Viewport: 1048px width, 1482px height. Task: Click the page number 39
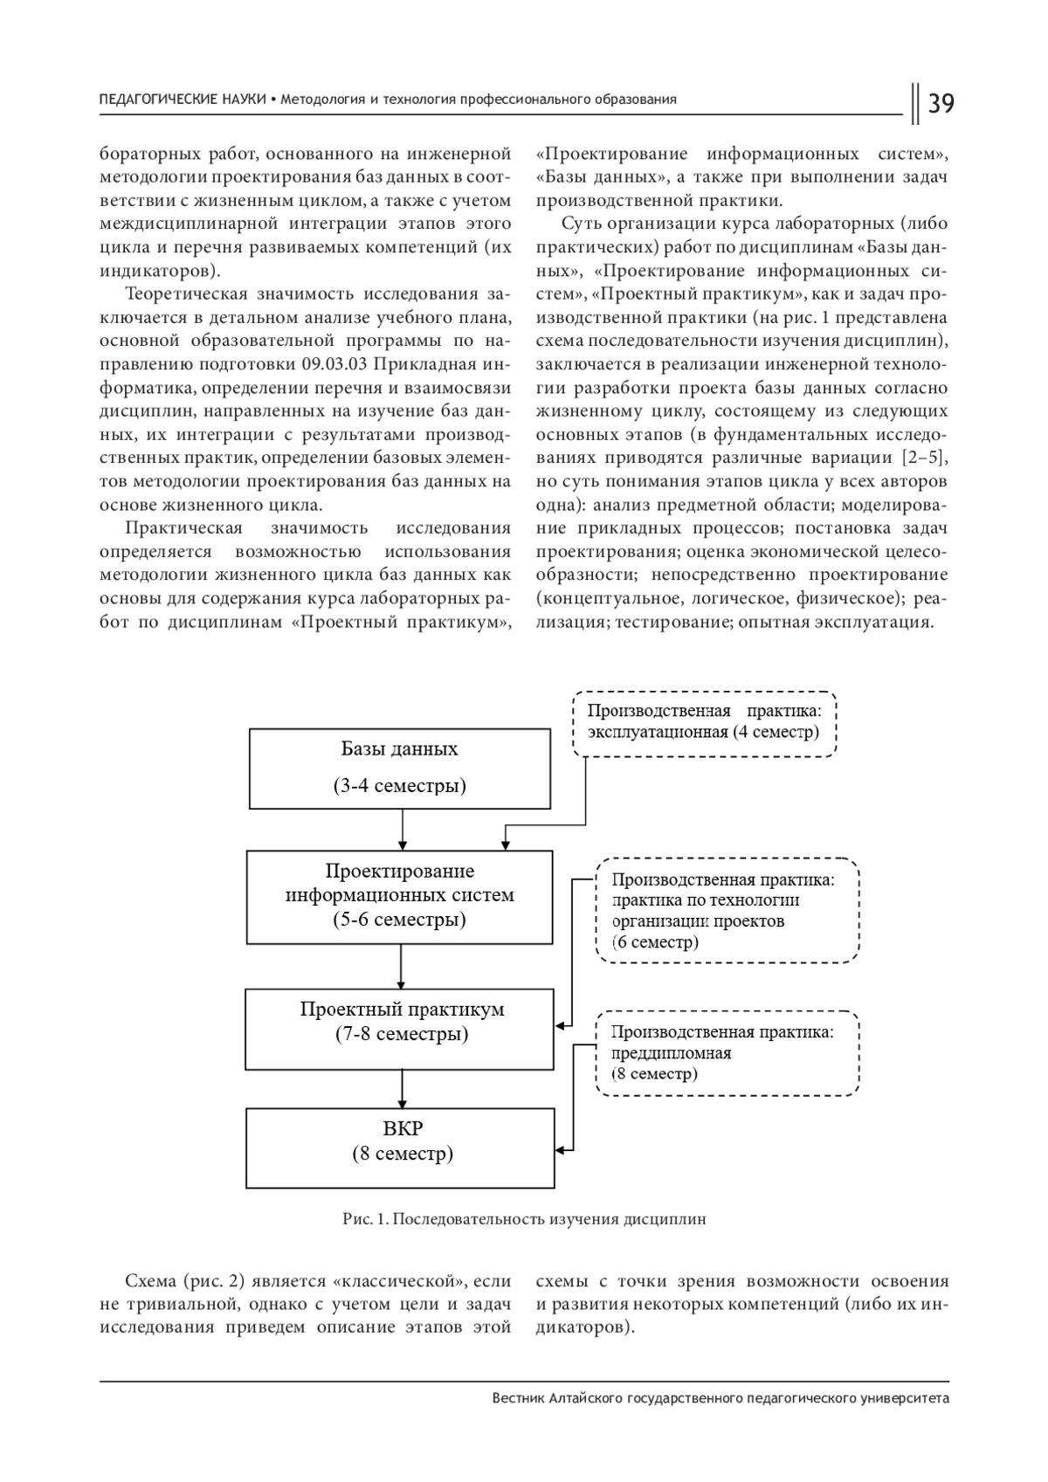tap(941, 104)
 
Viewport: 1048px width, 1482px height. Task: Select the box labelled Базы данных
tap(399, 769)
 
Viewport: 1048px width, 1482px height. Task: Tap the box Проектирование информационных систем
tap(399, 897)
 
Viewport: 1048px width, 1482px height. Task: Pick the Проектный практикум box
tap(400, 1028)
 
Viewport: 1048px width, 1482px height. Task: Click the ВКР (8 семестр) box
tap(400, 1147)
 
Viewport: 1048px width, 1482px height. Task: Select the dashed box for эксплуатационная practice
tap(704, 721)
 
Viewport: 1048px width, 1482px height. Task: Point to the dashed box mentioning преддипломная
tap(727, 1052)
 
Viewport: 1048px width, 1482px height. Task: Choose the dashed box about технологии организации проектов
tap(727, 910)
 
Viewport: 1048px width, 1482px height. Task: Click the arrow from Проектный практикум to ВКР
tap(401, 1089)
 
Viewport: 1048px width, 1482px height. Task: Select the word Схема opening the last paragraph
tap(150, 1282)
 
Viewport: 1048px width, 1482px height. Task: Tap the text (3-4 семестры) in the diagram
tap(399, 785)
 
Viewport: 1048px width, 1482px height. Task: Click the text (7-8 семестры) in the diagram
tap(401, 1035)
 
